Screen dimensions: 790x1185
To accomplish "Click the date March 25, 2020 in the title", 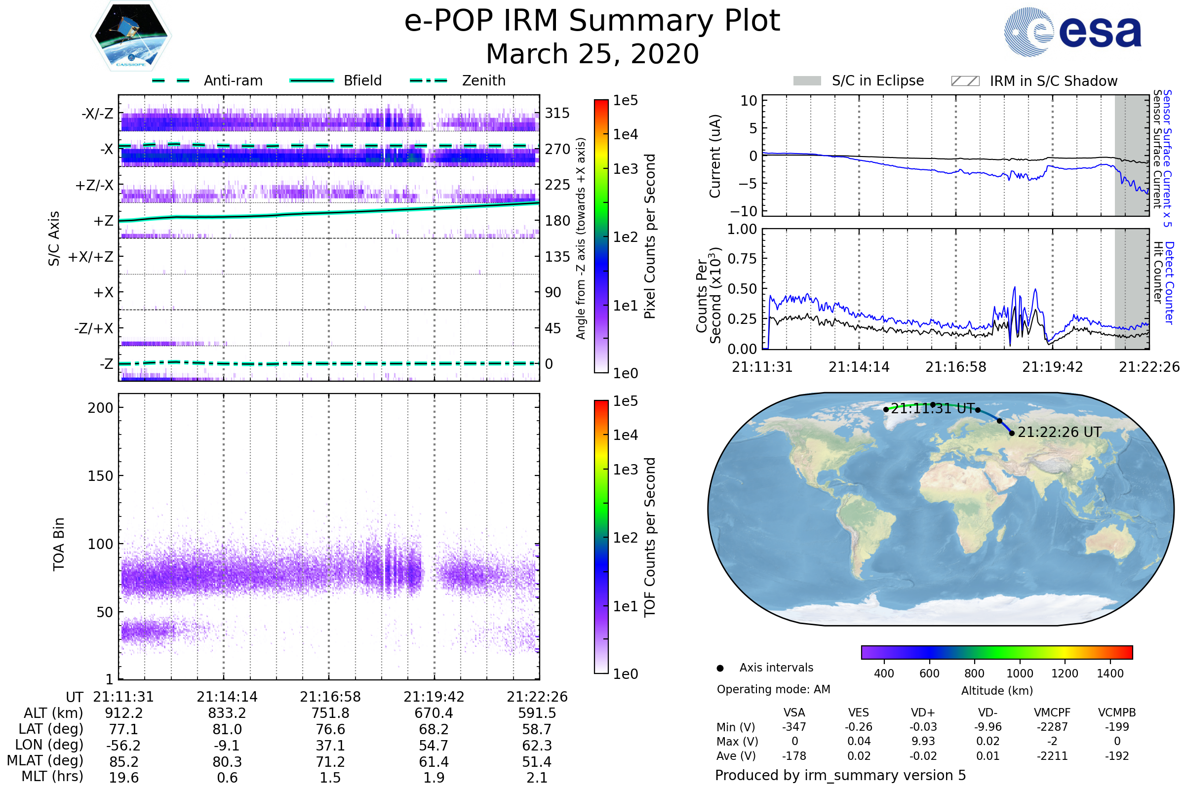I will (592, 54).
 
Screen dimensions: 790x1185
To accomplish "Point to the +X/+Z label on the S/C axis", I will (91, 257).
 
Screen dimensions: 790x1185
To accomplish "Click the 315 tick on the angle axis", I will (557, 113).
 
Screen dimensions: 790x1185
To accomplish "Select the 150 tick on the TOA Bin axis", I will (100, 476).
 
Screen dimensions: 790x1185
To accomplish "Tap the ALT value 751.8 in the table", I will (330, 713).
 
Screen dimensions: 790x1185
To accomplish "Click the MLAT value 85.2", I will (123, 762).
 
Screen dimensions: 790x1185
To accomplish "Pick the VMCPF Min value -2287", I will (1052, 727).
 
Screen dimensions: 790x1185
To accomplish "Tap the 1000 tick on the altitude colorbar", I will (1019, 673).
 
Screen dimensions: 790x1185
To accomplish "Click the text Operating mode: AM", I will (773, 689).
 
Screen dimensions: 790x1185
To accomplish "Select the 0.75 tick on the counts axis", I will (742, 259).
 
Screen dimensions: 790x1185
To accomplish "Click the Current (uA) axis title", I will (715, 156).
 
